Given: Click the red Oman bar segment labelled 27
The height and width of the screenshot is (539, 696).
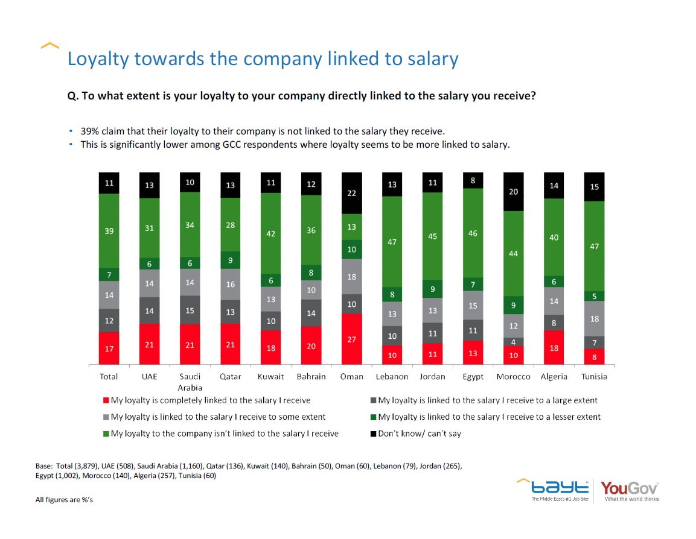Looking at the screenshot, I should [x=352, y=339].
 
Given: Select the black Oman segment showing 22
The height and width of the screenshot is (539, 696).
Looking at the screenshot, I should [x=352, y=194].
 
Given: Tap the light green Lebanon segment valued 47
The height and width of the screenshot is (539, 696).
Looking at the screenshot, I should [x=392, y=241].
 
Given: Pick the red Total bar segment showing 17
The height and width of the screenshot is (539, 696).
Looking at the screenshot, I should [x=109, y=348].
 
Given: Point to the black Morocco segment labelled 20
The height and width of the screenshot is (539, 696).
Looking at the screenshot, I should [x=513, y=192].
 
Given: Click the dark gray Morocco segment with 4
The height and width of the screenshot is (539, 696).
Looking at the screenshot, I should [x=513, y=342].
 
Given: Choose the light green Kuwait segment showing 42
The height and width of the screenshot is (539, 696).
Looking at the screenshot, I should [x=271, y=233].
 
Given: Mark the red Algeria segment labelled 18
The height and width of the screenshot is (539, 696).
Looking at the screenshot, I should [x=554, y=348].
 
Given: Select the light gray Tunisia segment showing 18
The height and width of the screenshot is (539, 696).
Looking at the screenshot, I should [x=594, y=318].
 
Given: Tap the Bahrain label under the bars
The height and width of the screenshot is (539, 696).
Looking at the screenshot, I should [x=311, y=376].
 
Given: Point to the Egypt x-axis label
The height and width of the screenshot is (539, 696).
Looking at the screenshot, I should [x=473, y=377].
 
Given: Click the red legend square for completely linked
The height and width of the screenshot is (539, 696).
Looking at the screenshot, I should [x=106, y=400].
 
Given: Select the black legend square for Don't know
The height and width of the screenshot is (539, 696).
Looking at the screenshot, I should [x=373, y=433].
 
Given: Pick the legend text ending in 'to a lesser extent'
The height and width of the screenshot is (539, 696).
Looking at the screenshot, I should [x=489, y=417].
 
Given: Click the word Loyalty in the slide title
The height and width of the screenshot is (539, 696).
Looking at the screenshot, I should [x=97, y=58].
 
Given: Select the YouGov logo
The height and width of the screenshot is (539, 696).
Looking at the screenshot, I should [x=630, y=490].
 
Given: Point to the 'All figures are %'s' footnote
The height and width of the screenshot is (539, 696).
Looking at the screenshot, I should [x=64, y=500].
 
